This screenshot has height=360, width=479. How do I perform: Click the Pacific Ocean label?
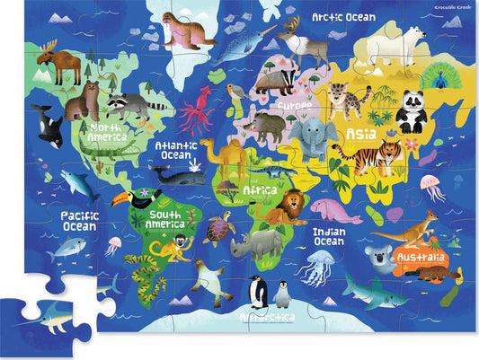[x=79, y=221]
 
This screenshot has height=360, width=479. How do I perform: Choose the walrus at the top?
[x=187, y=32]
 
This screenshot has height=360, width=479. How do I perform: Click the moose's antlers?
[x=46, y=48]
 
